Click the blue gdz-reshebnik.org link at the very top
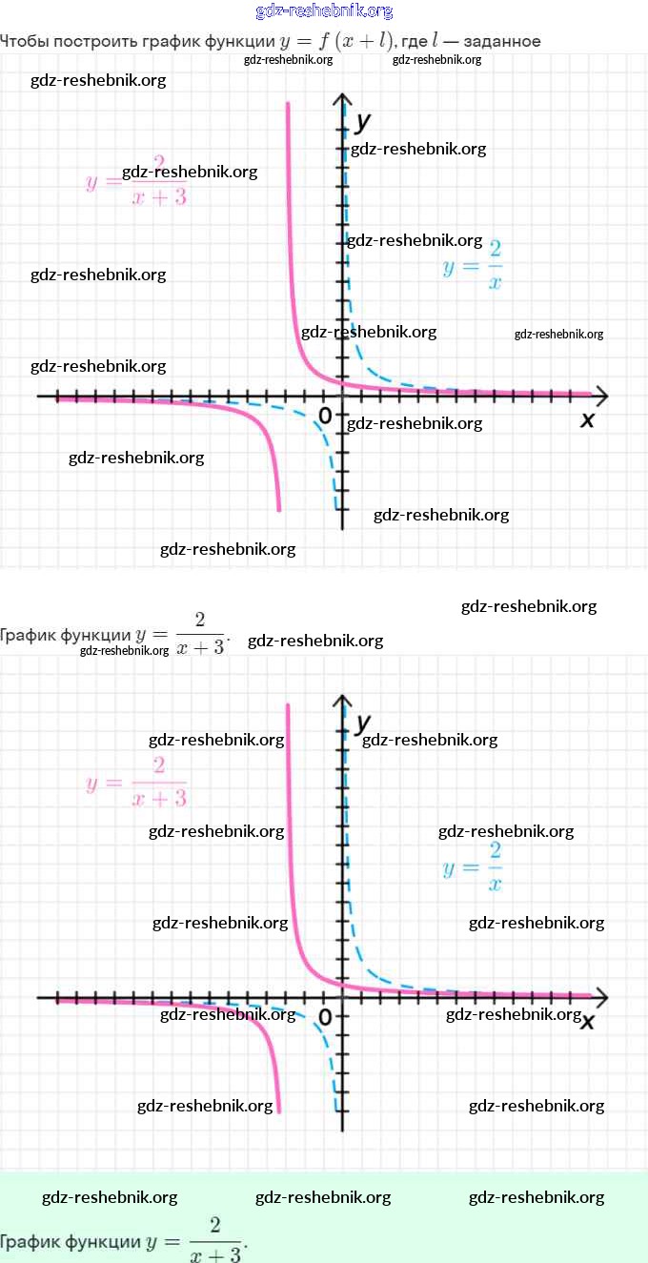coord(324,11)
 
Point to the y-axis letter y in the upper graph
coord(362,122)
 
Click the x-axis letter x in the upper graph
coord(587,419)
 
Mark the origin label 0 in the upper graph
coord(325,415)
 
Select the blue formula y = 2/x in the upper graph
coord(473,265)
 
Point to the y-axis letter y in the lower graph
coord(362,723)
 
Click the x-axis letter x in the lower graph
coord(588,1021)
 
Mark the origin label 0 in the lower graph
coord(325,1017)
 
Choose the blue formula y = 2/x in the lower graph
coord(473,866)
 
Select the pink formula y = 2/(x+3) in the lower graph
coord(136,782)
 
